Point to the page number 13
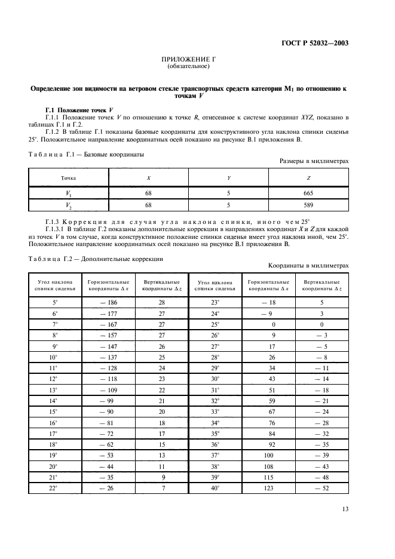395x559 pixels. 345,509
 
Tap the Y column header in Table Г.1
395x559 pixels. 228,178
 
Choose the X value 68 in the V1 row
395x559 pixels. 148,193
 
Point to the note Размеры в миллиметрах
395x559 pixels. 314,161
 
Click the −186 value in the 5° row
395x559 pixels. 108,303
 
